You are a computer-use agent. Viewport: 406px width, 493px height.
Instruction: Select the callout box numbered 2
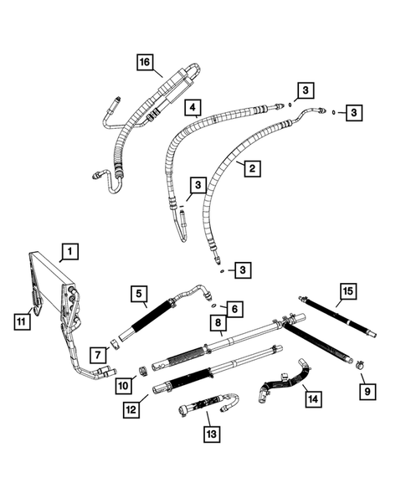[x=249, y=168]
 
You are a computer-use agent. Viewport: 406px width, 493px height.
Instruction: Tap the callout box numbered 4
[x=193, y=108]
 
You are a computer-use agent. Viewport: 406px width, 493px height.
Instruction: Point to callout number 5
[x=139, y=293]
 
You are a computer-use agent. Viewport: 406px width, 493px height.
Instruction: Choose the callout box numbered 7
[x=98, y=347]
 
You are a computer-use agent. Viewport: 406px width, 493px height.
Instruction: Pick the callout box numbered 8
[x=217, y=324]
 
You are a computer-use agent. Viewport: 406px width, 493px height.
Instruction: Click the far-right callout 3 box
[x=354, y=112]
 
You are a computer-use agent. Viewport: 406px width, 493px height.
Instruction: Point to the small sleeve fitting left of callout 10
[x=144, y=370]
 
